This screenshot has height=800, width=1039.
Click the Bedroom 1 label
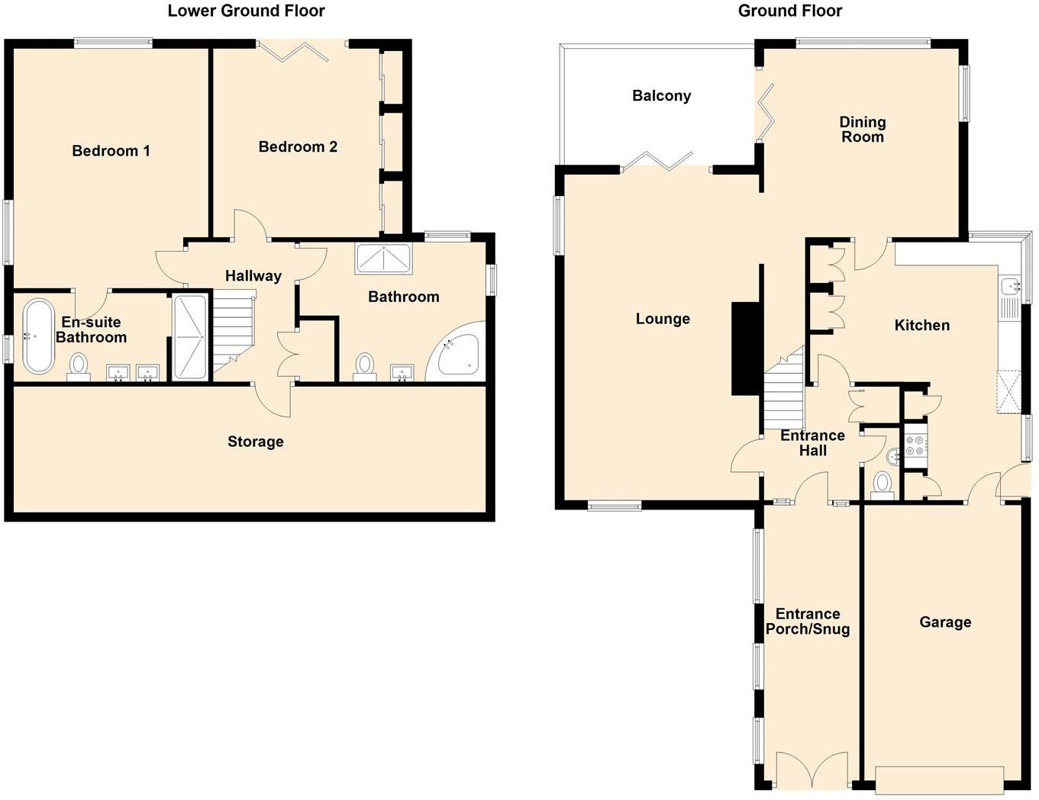(111, 151)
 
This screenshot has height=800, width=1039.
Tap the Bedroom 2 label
(298, 147)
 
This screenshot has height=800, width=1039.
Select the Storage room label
(255, 442)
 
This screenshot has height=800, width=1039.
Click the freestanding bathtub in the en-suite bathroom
(37, 336)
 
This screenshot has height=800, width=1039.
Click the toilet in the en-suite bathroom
(79, 366)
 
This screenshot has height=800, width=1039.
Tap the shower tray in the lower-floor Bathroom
(383, 259)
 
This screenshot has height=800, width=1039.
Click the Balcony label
(661, 96)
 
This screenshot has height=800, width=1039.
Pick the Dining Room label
(862, 130)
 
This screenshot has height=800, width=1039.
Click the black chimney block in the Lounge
(747, 348)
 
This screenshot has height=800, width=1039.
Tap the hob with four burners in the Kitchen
(915, 446)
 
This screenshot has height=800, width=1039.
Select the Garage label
(945, 622)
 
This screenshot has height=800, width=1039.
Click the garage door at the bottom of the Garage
(939, 779)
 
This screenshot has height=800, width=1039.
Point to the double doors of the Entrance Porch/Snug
(812, 769)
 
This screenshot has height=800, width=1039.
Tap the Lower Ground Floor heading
(246, 11)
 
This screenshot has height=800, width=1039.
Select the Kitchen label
(921, 326)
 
